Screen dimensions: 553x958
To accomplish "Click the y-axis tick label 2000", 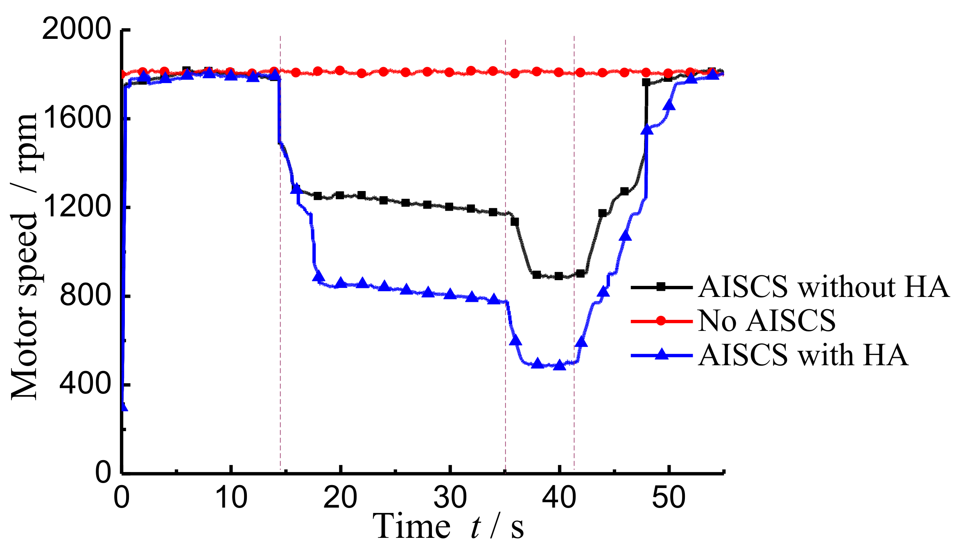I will pyautogui.click(x=76, y=29).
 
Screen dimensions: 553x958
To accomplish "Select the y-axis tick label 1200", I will pyautogui.click(x=76, y=207).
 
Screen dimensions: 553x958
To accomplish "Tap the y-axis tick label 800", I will pyautogui.click(x=85, y=296).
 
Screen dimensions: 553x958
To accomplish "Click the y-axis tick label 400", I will pyautogui.click(x=85, y=384).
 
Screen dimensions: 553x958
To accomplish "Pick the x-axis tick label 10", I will pyautogui.click(x=231, y=498).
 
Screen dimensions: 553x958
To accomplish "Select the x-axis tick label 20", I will pyautogui.click(x=340, y=498).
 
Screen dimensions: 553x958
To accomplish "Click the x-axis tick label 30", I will pyautogui.click(x=450, y=498).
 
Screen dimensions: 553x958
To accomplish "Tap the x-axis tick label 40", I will pyautogui.click(x=559, y=498).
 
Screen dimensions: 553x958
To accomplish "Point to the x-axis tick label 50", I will pyautogui.click(x=668, y=498).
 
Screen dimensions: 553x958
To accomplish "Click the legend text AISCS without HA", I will pyautogui.click(x=823, y=287).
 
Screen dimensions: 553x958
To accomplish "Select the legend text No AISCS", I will pyautogui.click(x=766, y=321).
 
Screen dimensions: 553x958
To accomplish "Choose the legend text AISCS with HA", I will pyautogui.click(x=803, y=355).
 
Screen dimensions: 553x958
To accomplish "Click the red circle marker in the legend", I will pyautogui.click(x=661, y=321).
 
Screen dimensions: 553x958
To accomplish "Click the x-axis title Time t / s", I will pyautogui.click(x=448, y=527).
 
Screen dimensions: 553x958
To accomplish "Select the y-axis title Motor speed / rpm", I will pyautogui.click(x=25, y=256).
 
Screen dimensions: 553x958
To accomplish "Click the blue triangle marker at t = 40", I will pyautogui.click(x=559, y=365).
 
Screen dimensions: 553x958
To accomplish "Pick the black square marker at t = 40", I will pyautogui.click(x=559, y=276).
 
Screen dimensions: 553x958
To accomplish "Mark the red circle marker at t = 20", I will pyautogui.click(x=340, y=70).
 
